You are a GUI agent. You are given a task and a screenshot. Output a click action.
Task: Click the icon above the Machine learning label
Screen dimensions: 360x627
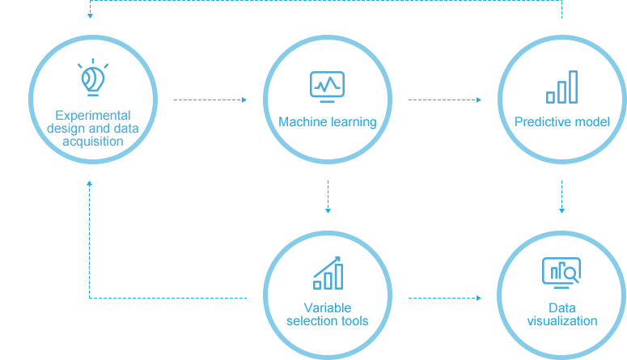(x=328, y=87)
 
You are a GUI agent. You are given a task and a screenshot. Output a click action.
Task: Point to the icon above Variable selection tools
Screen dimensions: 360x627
(x=328, y=273)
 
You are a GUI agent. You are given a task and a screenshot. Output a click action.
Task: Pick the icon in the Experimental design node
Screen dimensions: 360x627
(x=92, y=77)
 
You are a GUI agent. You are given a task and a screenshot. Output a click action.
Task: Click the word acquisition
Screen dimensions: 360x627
(x=93, y=142)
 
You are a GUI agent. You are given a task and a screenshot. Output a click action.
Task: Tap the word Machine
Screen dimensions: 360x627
(x=299, y=122)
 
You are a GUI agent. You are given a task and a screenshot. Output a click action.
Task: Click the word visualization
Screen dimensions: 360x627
(x=561, y=321)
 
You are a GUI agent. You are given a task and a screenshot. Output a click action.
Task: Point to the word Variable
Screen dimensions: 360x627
(x=328, y=308)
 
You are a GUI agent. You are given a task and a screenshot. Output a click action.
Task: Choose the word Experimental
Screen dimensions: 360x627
(x=92, y=116)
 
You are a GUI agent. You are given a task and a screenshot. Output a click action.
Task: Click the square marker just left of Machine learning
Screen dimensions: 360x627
(x=244, y=100)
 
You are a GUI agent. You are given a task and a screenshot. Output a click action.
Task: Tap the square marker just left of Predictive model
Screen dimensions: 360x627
(x=478, y=100)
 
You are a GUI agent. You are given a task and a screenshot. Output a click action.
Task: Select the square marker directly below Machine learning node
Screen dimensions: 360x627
(x=328, y=210)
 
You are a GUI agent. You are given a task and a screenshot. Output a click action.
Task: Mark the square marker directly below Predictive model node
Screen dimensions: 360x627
(x=561, y=210)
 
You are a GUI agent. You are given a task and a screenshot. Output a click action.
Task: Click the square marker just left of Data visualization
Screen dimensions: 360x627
(x=478, y=298)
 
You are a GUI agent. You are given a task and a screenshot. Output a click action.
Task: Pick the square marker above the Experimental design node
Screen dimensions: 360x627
(x=90, y=15)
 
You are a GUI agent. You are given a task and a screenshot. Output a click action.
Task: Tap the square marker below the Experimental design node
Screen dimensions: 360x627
(x=90, y=184)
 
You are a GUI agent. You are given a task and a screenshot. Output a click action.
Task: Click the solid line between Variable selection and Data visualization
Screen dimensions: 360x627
(x=440, y=298)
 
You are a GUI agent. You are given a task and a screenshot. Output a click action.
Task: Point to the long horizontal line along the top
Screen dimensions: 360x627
(x=324, y=1)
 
